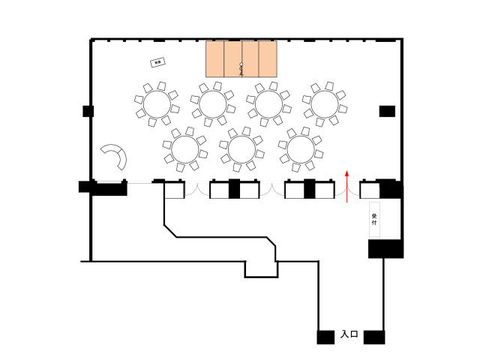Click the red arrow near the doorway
[347, 186]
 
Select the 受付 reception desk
[374, 220]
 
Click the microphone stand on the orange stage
[241, 69]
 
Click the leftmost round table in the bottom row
[185, 148]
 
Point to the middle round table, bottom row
[241, 148]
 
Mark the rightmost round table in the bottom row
[299, 148]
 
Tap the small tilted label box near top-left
[157, 63]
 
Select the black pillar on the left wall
[88, 112]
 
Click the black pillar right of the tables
[387, 112]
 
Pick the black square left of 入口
[325, 337]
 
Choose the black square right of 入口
[374, 337]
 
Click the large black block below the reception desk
[385, 248]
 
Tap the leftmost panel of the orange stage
[215, 58]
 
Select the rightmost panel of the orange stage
[268, 58]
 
